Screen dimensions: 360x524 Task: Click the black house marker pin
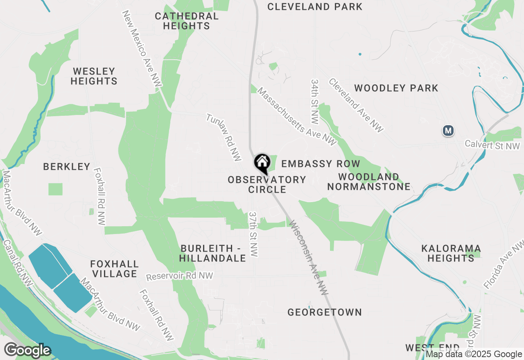point(262,163)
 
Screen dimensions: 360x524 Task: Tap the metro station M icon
point(449,131)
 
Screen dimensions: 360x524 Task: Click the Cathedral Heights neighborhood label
point(187,21)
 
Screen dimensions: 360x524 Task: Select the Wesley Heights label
point(94,76)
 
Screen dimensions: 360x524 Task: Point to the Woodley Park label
point(396,88)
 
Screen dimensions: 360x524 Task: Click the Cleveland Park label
point(315,7)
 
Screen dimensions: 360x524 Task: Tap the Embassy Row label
point(321,164)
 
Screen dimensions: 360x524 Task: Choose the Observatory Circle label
point(267,184)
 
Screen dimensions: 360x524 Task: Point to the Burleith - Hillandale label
point(213,253)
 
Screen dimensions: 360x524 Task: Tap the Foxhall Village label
point(115,269)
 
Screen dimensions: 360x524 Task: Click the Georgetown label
point(324,313)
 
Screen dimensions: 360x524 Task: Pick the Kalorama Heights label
point(451,253)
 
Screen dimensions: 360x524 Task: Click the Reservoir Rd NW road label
point(180,277)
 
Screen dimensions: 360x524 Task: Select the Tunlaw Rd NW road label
point(224,137)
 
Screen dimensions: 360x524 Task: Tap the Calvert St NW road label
point(492,145)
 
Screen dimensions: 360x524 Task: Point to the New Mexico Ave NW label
point(142,49)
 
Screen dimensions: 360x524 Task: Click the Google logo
point(27,351)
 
